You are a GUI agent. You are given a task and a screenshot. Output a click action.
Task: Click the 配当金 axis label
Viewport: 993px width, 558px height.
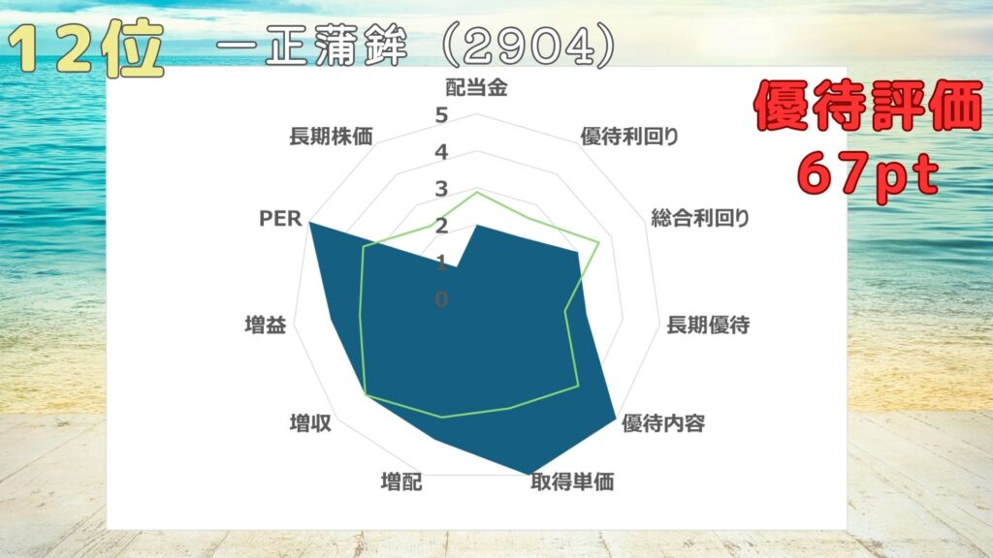click(477, 87)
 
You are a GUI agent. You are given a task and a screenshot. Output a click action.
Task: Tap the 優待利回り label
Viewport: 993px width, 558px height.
click(629, 136)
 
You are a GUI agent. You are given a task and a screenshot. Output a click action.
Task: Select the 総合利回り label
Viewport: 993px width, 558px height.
click(700, 218)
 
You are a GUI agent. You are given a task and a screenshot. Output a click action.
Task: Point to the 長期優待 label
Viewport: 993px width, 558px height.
click(708, 325)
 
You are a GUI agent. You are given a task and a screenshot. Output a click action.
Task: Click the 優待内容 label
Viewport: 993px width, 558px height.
click(663, 423)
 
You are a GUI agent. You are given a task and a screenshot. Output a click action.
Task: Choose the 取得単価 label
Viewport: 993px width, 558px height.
click(572, 482)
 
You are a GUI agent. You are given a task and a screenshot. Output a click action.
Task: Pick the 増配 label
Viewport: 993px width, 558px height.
click(401, 482)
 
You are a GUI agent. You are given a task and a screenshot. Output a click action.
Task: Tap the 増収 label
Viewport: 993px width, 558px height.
click(310, 423)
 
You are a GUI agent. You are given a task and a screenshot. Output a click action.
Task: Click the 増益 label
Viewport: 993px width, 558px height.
click(266, 325)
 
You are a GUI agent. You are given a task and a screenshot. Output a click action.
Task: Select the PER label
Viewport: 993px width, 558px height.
click(280, 219)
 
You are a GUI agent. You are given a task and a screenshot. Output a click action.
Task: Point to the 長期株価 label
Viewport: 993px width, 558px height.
click(332, 136)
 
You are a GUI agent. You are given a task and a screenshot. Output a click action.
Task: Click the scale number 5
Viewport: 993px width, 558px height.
click(441, 115)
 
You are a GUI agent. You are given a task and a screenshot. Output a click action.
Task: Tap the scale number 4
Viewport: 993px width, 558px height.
click(441, 152)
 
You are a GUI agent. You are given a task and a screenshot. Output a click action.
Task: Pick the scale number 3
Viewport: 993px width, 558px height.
click(441, 189)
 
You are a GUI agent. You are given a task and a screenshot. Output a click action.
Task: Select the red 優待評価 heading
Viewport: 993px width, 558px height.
click(868, 105)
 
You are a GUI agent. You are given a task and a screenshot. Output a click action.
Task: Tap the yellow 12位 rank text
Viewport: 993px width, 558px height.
click(86, 48)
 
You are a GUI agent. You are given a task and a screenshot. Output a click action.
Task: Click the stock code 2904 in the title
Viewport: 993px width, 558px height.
click(529, 46)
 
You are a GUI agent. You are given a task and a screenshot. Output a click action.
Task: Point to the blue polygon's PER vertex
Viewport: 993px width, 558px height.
click(309, 223)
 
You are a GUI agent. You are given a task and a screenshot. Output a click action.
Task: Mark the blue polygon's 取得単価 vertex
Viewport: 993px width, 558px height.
click(529, 474)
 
